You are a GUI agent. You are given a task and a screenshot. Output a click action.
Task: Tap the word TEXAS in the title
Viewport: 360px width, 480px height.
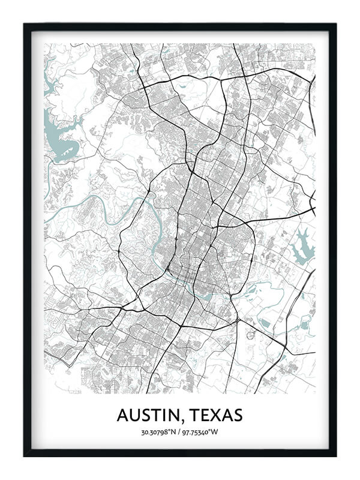click(215, 415)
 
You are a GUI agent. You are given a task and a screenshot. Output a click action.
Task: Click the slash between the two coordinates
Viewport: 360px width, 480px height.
click(179, 433)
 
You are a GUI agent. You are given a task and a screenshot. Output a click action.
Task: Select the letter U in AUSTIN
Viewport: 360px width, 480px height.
click(136, 415)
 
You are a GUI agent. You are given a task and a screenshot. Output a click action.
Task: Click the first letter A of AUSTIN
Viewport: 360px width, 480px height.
click(123, 415)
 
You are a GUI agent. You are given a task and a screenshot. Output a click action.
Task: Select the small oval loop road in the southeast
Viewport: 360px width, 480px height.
click(250, 334)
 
